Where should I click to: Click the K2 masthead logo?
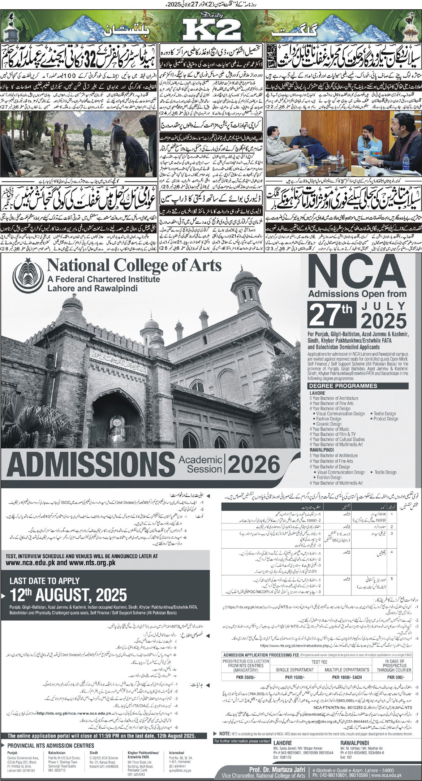[211, 30]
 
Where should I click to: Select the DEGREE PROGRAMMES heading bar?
[343, 385]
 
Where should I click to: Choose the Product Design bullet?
[385, 419]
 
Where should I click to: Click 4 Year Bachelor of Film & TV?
[333, 434]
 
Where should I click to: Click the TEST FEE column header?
[319, 662]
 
